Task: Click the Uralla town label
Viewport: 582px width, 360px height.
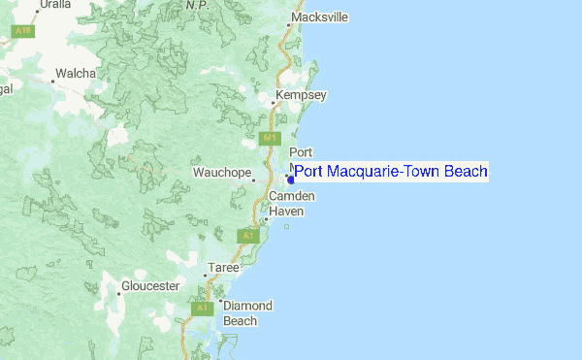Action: [54, 5]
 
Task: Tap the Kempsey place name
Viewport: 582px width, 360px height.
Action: [302, 95]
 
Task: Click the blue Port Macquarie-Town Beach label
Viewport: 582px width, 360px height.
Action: [391, 172]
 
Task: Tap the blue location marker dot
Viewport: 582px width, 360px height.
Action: [291, 179]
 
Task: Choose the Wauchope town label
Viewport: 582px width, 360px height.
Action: [222, 173]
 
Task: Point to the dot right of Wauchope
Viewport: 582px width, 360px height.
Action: [254, 179]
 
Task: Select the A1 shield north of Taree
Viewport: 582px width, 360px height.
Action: [248, 235]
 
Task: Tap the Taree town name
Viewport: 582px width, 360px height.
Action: [222, 266]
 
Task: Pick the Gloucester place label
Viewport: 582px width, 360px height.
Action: [150, 286]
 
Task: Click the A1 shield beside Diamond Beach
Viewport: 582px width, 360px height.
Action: [202, 308]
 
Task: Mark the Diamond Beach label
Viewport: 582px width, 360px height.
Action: [247, 312]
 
